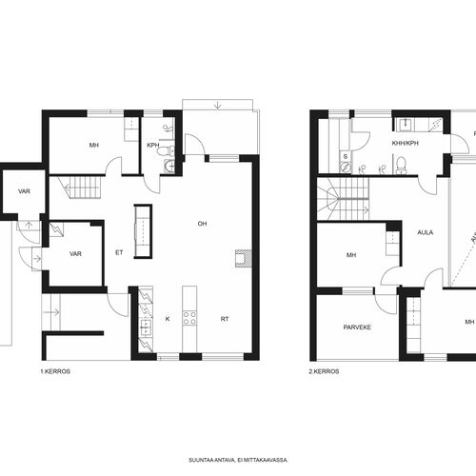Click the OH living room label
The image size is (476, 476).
tap(202, 224)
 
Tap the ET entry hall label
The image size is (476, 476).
tap(119, 252)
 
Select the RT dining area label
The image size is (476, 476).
tap(225, 319)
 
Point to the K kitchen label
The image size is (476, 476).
tap(168, 319)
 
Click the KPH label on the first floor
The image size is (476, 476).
tap(153, 145)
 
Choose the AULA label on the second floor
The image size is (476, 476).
tap(426, 232)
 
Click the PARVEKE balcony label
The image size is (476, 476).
tap(357, 327)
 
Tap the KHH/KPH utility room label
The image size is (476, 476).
tap(406, 143)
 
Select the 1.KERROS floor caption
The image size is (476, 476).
tap(55, 371)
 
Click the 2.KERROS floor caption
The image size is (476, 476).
tap(324, 371)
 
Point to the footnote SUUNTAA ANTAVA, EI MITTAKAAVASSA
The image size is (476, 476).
tap(238, 460)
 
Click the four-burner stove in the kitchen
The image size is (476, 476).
tap(189, 318)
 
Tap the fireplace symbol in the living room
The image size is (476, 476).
tap(244, 257)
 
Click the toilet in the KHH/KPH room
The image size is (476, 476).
tap(402, 165)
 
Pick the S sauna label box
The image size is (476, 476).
tap(346, 157)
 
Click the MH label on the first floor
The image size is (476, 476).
tap(94, 145)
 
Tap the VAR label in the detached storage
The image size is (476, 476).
tap(24, 191)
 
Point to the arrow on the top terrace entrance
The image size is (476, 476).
tap(217, 105)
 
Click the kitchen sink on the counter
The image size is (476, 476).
tap(146, 327)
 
